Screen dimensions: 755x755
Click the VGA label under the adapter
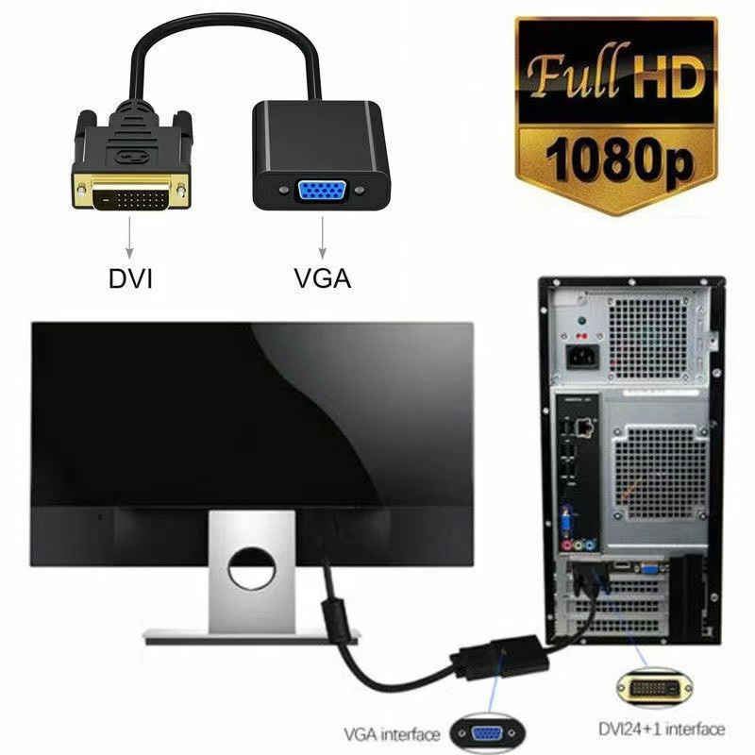(x=324, y=278)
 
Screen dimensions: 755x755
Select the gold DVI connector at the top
(x=129, y=193)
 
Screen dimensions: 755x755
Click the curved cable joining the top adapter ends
(x=226, y=38)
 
